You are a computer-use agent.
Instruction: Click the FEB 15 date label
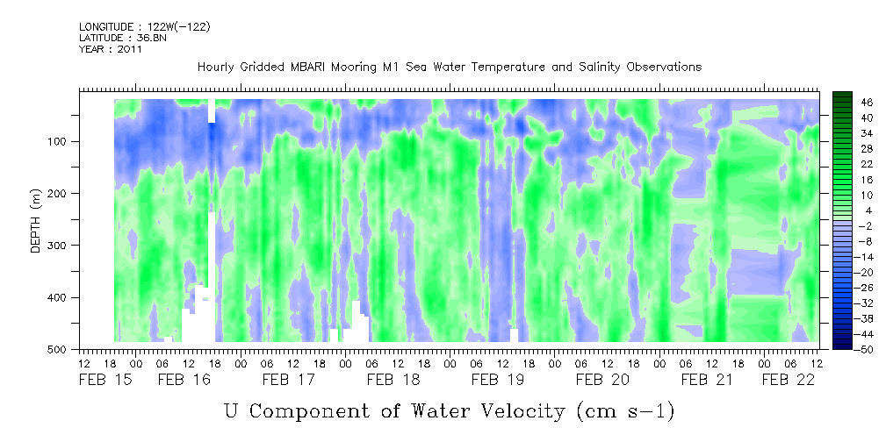(x=104, y=380)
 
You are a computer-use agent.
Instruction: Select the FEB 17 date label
(x=288, y=380)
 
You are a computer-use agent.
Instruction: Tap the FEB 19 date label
(x=497, y=380)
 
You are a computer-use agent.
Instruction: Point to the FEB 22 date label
(x=788, y=380)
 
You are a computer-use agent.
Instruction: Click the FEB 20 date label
(x=601, y=380)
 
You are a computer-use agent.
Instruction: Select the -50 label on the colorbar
(x=843, y=349)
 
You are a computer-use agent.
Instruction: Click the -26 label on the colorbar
(x=843, y=288)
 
